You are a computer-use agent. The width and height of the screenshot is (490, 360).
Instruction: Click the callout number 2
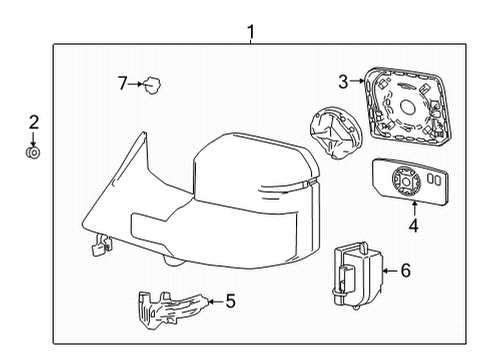(x=33, y=123)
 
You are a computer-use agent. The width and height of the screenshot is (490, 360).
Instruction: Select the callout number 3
(x=343, y=82)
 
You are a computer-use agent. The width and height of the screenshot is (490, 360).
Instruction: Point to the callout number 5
(x=232, y=299)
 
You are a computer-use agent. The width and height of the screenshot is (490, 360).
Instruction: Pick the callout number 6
(x=405, y=270)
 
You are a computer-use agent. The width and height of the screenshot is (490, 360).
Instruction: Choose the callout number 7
(x=123, y=84)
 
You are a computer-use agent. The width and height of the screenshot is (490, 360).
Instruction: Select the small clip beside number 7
(x=154, y=85)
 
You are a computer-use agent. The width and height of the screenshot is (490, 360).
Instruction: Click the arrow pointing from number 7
(x=138, y=84)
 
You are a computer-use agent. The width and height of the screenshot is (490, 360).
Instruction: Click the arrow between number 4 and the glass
(x=413, y=208)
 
